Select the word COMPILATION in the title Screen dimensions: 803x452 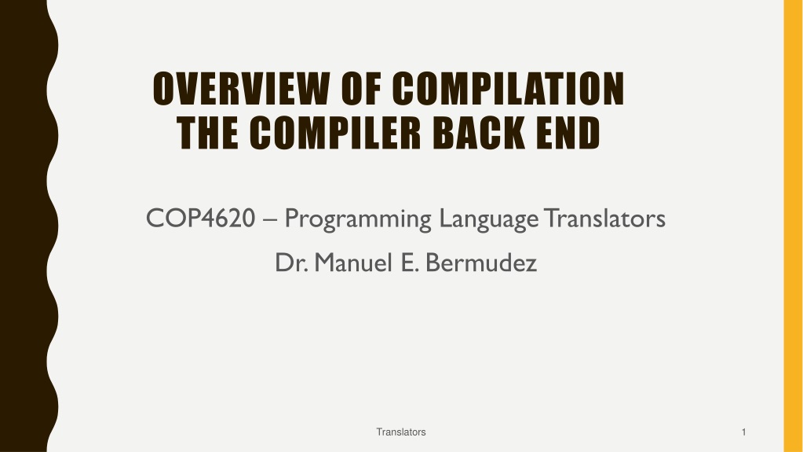click(x=508, y=89)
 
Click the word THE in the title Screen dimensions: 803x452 click(x=207, y=132)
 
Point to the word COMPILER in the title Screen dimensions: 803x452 click(x=335, y=132)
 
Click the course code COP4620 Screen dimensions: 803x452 click(x=200, y=218)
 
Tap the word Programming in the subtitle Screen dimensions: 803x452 click(x=358, y=219)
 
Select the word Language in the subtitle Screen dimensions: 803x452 click(x=488, y=219)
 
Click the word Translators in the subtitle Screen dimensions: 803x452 click(x=605, y=218)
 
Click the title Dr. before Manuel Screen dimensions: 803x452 click(x=291, y=263)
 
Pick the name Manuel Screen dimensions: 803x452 click(x=353, y=263)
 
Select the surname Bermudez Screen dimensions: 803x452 click(x=481, y=263)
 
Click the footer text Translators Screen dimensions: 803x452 click(x=401, y=432)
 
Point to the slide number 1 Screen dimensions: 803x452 click(x=743, y=432)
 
